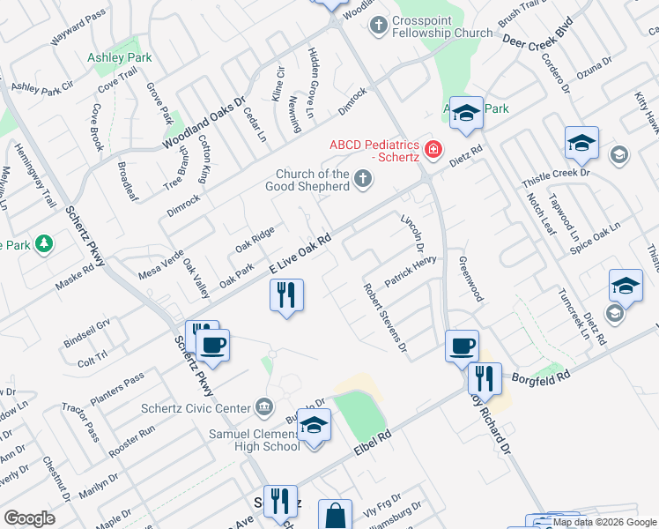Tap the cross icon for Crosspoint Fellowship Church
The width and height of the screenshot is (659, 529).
(x=379, y=26)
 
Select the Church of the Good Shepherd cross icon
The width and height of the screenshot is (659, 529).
(x=362, y=181)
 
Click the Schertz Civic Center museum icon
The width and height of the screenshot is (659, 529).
(x=263, y=407)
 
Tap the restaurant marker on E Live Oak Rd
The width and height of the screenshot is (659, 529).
(x=285, y=294)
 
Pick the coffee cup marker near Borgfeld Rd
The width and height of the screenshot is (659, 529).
(x=462, y=346)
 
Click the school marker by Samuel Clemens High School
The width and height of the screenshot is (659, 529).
(x=313, y=425)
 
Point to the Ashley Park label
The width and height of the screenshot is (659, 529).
(x=119, y=57)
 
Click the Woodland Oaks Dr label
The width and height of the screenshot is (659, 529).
(x=202, y=123)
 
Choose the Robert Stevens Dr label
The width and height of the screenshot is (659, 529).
(x=386, y=317)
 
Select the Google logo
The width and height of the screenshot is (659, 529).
(x=30, y=518)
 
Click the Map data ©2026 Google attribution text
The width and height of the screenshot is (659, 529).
(x=605, y=523)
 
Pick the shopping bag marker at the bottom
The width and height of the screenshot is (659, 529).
(x=336, y=516)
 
